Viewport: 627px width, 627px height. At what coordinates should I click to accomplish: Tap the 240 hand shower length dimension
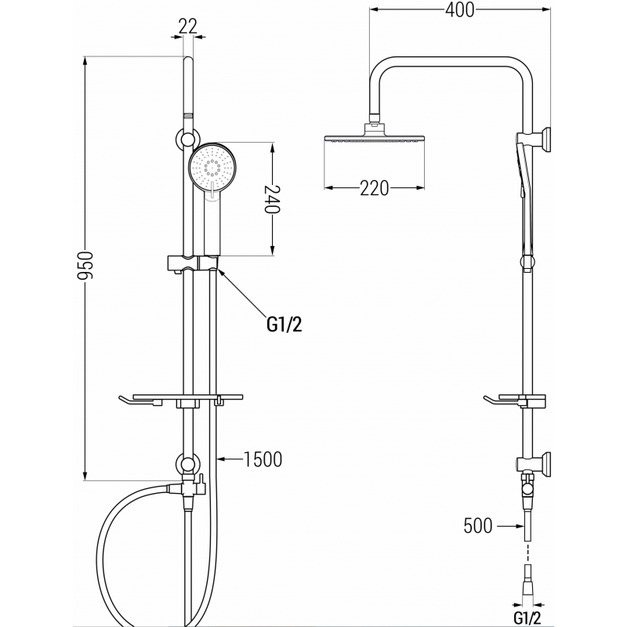click(x=272, y=200)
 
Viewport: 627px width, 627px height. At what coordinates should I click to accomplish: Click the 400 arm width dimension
click(x=460, y=11)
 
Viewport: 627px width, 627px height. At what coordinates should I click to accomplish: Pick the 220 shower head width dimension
click(x=375, y=189)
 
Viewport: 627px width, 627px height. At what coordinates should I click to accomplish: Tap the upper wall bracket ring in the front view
click(x=187, y=140)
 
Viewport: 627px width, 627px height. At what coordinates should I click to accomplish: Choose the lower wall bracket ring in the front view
click(x=187, y=463)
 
